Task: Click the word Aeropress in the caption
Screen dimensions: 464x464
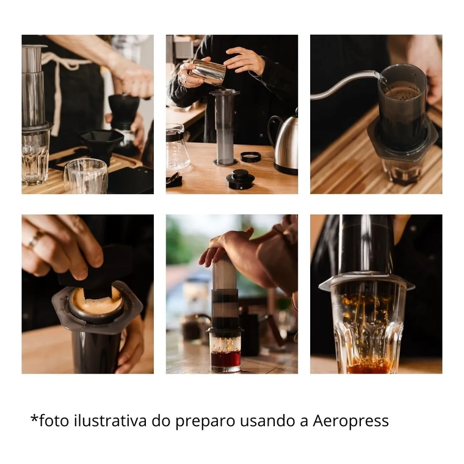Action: pos(350,421)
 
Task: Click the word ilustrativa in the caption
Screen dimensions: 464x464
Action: pos(111,420)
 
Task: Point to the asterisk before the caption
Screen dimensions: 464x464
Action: pos(34,418)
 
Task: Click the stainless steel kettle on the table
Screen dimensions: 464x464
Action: pos(283,142)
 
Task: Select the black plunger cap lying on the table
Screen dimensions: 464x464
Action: pos(241,179)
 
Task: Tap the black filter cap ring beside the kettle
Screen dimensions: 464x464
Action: pos(251,156)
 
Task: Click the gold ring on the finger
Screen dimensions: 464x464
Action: pos(35,239)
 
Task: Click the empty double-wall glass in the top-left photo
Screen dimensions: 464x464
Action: pos(85,176)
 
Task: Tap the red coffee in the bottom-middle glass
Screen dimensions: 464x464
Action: pos(226,358)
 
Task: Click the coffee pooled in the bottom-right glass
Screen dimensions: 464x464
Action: pos(369,367)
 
